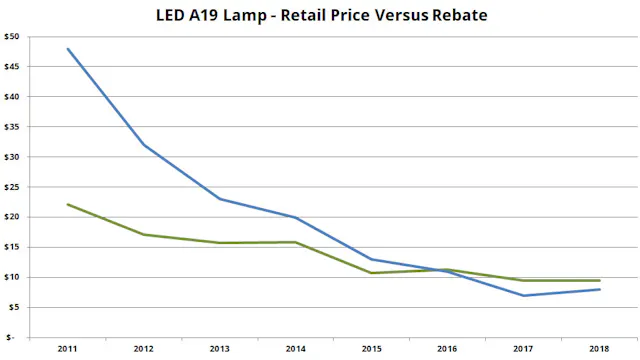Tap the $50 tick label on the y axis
coord(11,37)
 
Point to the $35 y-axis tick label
coord(11,127)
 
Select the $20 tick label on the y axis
coord(11,217)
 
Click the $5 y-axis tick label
coord(13,307)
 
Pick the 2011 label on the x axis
coord(67,349)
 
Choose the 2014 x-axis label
coord(294,349)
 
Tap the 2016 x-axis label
coord(446,349)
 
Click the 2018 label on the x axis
coord(598,349)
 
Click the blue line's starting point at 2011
coord(67,49)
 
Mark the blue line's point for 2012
coord(143,145)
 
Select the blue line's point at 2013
coord(219,199)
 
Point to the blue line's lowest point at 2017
coord(522,295)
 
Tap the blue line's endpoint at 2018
coord(598,289)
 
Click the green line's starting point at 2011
coord(67,204)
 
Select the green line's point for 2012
coord(143,234)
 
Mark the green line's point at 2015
coord(370,273)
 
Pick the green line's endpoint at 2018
coord(598,280)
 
